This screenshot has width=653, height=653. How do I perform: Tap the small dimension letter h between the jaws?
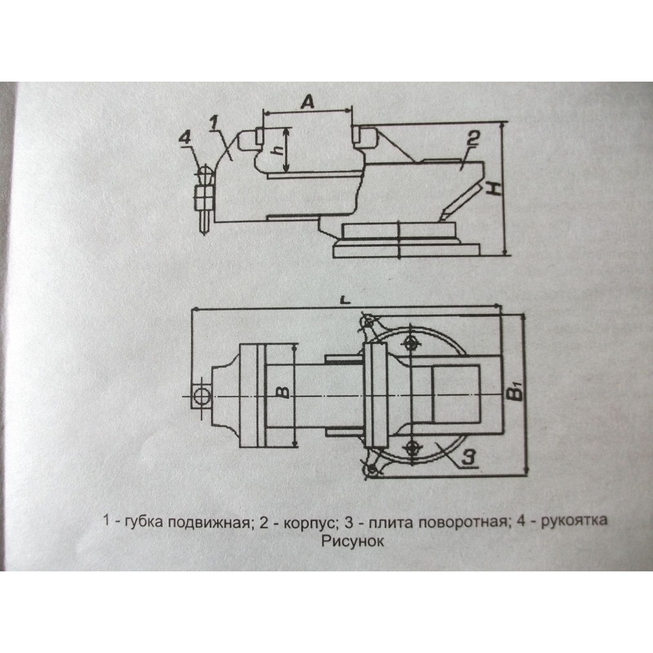click(277, 150)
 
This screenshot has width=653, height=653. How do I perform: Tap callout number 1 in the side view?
click(215, 122)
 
